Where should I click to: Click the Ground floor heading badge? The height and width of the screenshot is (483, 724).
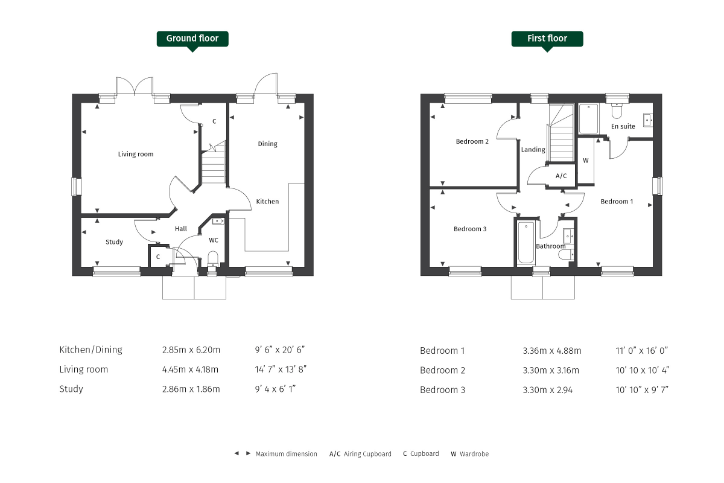pos(192,39)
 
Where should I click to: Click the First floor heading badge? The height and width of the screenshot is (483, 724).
pos(547,39)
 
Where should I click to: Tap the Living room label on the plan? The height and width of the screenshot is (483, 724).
pos(136,154)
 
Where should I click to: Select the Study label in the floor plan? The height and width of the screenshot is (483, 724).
pos(114,242)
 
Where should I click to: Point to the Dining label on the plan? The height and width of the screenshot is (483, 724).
pos(267,144)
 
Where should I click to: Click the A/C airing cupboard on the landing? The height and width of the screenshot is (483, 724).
pos(561,176)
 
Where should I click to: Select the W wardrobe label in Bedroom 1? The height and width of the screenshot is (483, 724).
pos(586,161)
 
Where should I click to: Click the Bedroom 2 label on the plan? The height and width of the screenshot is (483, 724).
pos(472,142)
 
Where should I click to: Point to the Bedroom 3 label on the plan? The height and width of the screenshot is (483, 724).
pos(470,229)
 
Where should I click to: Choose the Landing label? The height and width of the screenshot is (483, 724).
pos(533,150)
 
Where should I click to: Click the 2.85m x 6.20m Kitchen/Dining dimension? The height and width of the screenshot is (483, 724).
pos(191,350)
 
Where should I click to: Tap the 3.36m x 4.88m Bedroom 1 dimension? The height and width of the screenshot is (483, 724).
pos(551,351)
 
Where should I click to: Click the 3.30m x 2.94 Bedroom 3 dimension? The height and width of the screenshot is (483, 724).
pos(548,389)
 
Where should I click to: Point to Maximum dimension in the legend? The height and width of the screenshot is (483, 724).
pos(286,454)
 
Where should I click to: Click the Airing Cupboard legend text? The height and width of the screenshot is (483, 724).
pos(367,454)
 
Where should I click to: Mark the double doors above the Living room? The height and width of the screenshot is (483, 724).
pos(136,86)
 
